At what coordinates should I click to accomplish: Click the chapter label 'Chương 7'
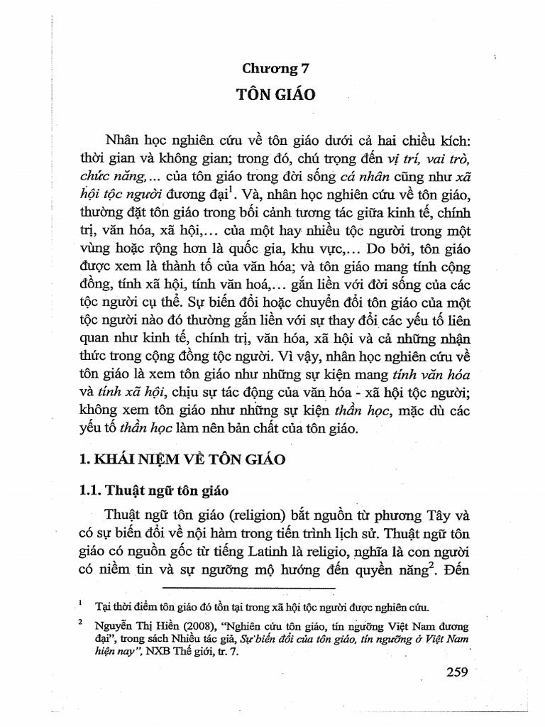pyautogui.click(x=273, y=69)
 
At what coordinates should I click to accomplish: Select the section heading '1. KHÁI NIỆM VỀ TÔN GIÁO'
pyautogui.click(x=184, y=459)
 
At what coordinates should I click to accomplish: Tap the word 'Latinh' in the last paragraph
pyautogui.click(x=289, y=552)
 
